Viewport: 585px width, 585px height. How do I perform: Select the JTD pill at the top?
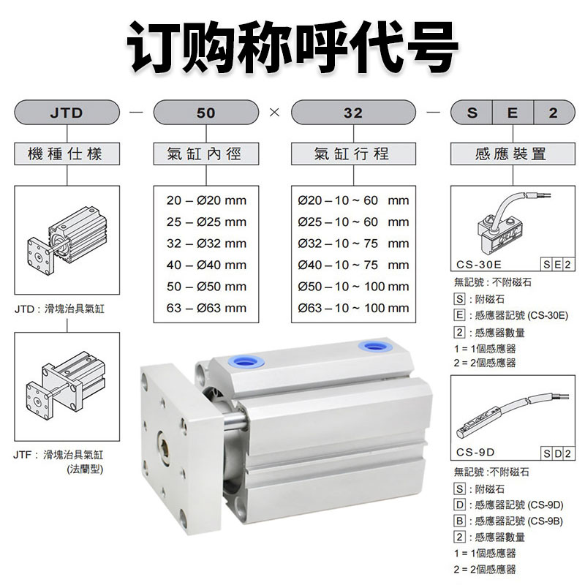pos(67,113)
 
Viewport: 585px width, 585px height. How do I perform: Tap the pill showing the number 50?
pos(205,113)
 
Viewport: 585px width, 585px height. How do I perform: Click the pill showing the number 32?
pos(352,113)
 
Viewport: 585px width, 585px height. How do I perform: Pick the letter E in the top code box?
pos(513,113)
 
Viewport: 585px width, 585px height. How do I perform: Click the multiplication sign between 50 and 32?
pos(275,113)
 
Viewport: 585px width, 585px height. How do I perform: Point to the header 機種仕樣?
pos(67,154)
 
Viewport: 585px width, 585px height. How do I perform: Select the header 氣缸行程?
pos(352,154)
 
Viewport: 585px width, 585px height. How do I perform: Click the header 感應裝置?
pos(510,154)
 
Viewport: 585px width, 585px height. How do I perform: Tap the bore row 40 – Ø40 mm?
pos(205,265)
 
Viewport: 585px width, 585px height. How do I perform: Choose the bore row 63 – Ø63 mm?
pos(205,308)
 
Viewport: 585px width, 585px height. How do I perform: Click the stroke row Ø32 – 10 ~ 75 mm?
pos(353,244)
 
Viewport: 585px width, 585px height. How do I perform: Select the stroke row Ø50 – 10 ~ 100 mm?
pos(353,287)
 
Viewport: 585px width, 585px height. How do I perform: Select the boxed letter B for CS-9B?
pos(459,521)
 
